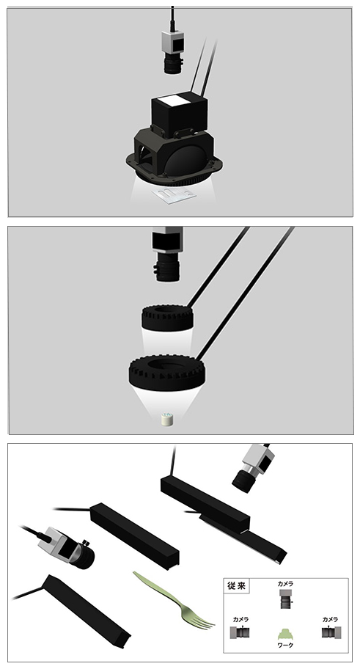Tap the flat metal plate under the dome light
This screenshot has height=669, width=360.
click(x=174, y=195)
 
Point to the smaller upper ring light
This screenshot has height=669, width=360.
click(x=167, y=318)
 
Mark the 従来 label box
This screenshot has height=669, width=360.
click(x=237, y=586)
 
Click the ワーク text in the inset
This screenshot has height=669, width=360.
click(x=285, y=646)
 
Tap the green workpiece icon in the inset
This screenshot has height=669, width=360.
click(x=285, y=634)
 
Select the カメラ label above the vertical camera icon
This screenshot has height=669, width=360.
click(x=285, y=584)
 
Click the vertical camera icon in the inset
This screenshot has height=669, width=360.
click(x=285, y=599)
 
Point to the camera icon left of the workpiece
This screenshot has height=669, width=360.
click(x=240, y=632)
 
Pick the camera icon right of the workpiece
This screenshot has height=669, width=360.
click(x=331, y=632)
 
